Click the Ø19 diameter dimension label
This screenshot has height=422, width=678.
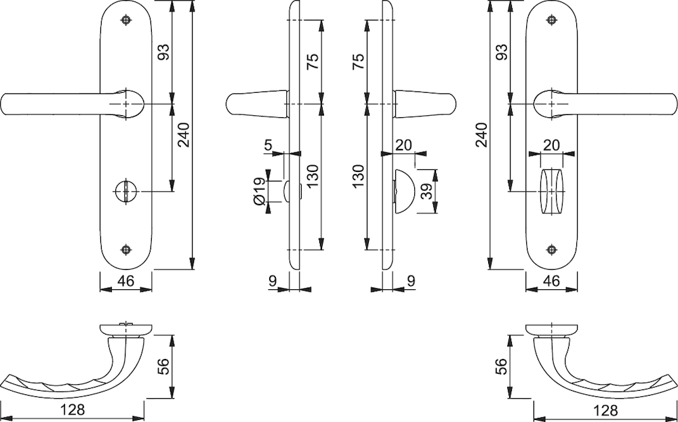pyautogui.click(x=260, y=191)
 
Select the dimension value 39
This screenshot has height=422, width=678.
pyautogui.click(x=427, y=191)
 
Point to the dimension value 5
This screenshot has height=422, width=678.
pyautogui.click(x=268, y=145)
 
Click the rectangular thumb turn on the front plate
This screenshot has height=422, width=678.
pyautogui.click(x=552, y=191)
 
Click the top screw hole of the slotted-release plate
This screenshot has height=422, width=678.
pyautogui.click(x=126, y=20)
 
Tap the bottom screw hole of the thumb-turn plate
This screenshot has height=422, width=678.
pyautogui.click(x=551, y=249)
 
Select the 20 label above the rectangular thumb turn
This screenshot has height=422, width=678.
pyautogui.click(x=551, y=145)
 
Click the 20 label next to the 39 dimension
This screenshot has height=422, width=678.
pyautogui.click(x=403, y=145)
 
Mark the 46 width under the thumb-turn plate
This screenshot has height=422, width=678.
pyautogui.click(x=551, y=280)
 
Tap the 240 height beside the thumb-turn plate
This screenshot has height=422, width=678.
pyautogui.click(x=481, y=135)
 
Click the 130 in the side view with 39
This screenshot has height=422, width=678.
pyautogui.click(x=358, y=177)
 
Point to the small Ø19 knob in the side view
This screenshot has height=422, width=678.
pyautogui.click(x=288, y=191)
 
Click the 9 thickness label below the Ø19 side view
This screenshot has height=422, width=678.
pyautogui.click(x=273, y=280)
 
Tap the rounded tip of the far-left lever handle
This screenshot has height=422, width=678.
pyautogui.click(x=4, y=104)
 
